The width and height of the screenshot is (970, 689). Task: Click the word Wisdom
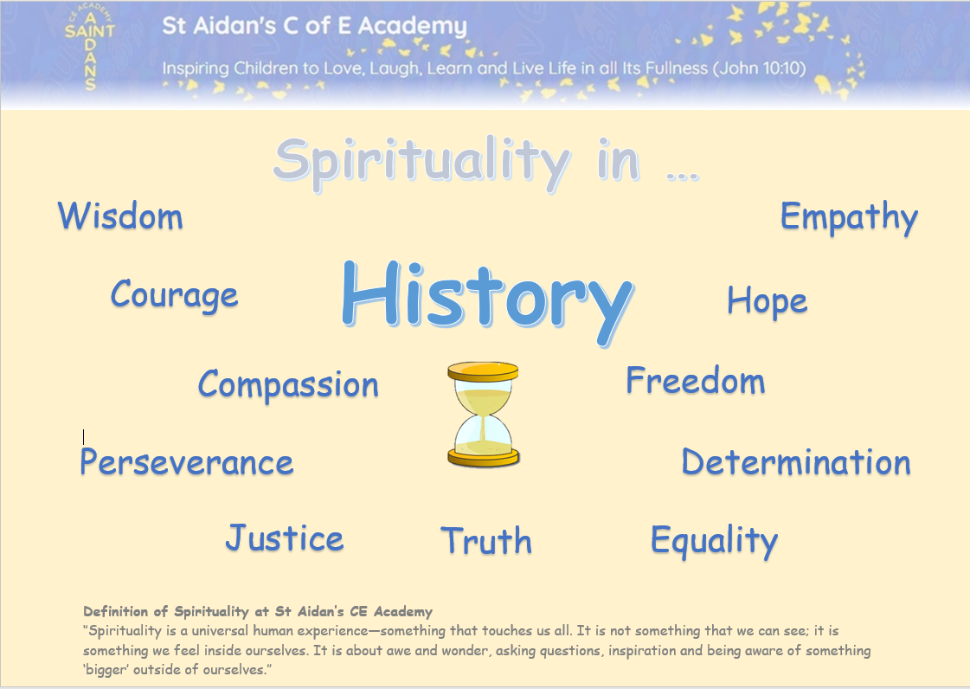(120, 216)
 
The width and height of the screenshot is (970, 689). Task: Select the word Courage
(175, 295)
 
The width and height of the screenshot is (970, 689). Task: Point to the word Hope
(768, 301)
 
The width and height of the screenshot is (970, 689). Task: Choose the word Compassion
(288, 384)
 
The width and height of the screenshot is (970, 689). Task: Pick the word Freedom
(696, 380)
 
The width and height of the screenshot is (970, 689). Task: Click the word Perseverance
(186, 462)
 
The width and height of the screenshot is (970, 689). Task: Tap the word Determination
(796, 462)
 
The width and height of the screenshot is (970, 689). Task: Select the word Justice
(285, 538)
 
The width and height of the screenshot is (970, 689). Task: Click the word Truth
(486, 540)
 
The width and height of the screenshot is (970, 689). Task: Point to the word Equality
(715, 540)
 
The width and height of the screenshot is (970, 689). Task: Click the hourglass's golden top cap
(483, 371)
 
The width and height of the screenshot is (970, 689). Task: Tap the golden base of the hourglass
(483, 458)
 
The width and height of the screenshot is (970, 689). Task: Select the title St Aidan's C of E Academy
(314, 26)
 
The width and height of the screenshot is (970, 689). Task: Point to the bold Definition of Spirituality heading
(258, 612)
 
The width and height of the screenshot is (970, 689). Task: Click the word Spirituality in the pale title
(421, 162)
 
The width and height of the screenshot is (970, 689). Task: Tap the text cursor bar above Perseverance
(84, 436)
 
